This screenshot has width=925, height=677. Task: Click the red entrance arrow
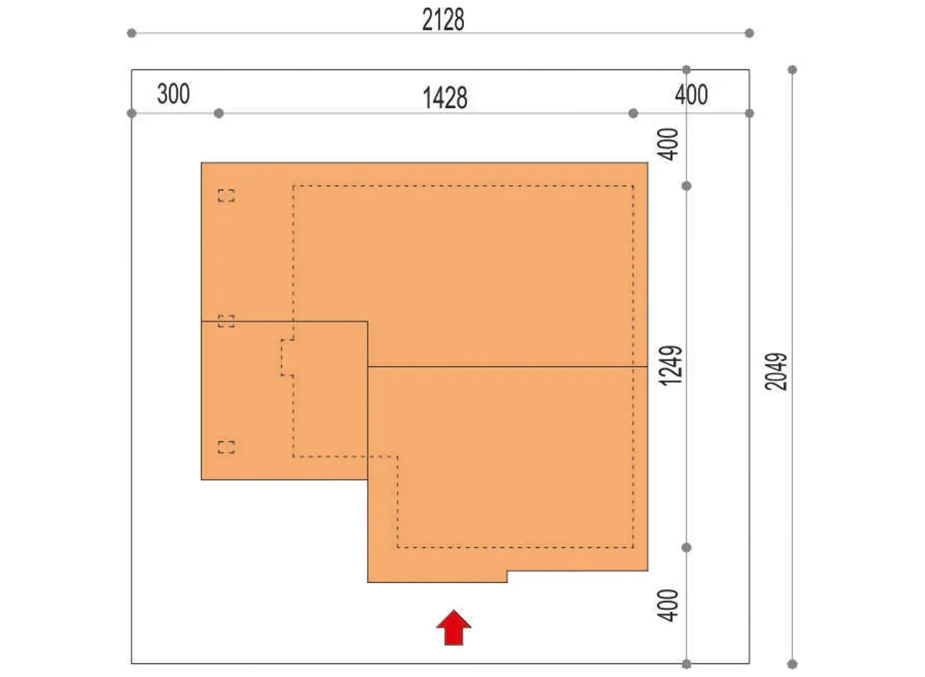tap(454, 629)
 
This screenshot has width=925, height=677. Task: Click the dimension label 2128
tap(443, 20)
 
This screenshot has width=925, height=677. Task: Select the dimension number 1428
tap(445, 98)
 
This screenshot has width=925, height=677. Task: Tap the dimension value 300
tap(173, 94)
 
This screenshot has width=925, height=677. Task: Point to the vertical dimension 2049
tap(776, 371)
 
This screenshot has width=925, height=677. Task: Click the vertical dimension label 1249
tap(671, 366)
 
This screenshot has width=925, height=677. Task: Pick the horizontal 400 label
tap(692, 95)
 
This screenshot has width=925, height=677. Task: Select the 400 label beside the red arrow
tap(668, 605)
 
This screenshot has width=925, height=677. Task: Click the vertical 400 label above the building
tap(668, 144)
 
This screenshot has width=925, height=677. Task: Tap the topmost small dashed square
tap(226, 196)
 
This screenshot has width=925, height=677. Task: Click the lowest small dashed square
tap(226, 447)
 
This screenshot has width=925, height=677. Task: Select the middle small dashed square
tap(226, 322)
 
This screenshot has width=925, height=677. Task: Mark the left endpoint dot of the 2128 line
tap(132, 33)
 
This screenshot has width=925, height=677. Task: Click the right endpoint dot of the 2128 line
tap(749, 33)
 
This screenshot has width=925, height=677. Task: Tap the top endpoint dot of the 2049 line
tap(792, 69)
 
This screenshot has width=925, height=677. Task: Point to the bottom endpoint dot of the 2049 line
tap(792, 664)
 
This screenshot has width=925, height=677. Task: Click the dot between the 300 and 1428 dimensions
tap(219, 113)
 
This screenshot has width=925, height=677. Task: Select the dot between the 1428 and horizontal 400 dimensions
tap(633, 113)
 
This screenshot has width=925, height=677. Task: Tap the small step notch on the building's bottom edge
tap(507, 577)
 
